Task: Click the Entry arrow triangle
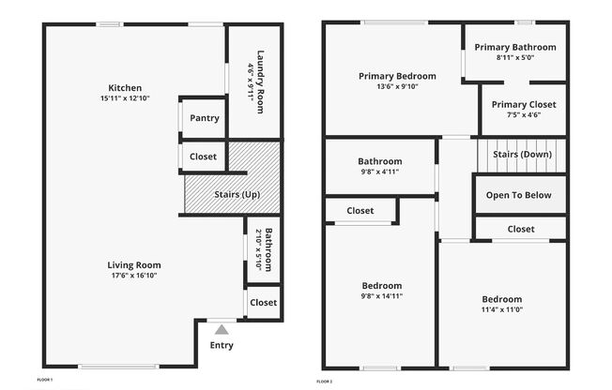(x=222, y=330)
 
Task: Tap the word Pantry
(x=205, y=118)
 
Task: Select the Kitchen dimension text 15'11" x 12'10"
(x=125, y=98)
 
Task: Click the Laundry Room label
(x=260, y=82)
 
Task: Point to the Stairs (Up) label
(x=237, y=194)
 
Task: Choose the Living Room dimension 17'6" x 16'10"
(x=134, y=276)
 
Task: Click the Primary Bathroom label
(x=515, y=47)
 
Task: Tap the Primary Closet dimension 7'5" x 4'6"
(x=524, y=114)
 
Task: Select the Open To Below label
(x=519, y=195)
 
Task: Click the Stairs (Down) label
(x=522, y=155)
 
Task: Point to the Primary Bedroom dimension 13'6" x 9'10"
(x=397, y=86)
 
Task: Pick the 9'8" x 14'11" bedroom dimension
(x=382, y=296)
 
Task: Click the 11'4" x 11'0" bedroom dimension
(x=502, y=309)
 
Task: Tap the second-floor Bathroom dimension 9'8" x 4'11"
(x=380, y=172)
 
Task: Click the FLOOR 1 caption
(x=44, y=380)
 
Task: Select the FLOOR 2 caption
(x=325, y=382)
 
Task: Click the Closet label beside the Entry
(x=264, y=303)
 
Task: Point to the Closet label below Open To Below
(x=521, y=230)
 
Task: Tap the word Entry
(x=222, y=346)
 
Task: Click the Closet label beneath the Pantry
(x=203, y=157)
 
